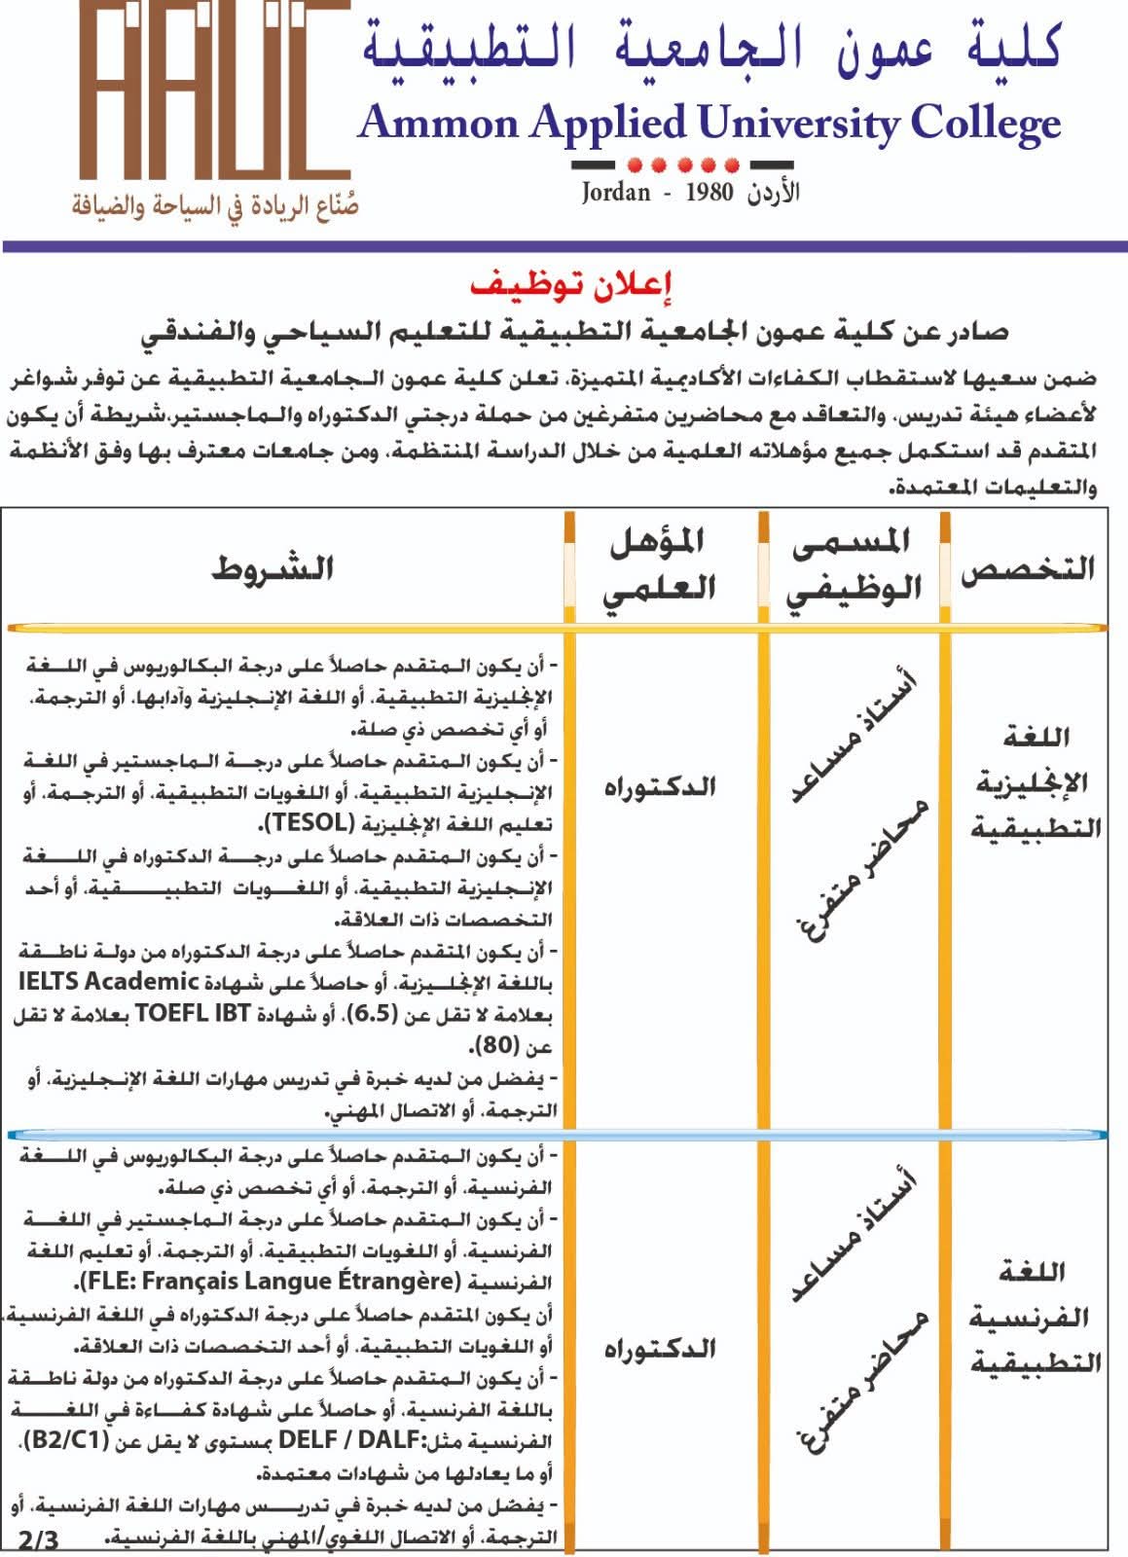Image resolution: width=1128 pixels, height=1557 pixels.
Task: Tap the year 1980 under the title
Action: [x=708, y=192]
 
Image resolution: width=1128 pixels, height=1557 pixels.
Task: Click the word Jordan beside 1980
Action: [x=616, y=192]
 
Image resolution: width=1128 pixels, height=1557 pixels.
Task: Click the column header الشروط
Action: [x=273, y=568]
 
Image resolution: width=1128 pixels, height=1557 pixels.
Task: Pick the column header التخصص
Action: [x=1028, y=569]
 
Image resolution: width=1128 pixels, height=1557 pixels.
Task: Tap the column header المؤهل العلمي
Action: [x=662, y=564]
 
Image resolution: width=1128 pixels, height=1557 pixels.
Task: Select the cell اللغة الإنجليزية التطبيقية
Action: [x=1036, y=783]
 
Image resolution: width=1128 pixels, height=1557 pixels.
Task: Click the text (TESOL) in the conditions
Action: [x=306, y=822]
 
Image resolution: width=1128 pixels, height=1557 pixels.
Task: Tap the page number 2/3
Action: [x=39, y=1540]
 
